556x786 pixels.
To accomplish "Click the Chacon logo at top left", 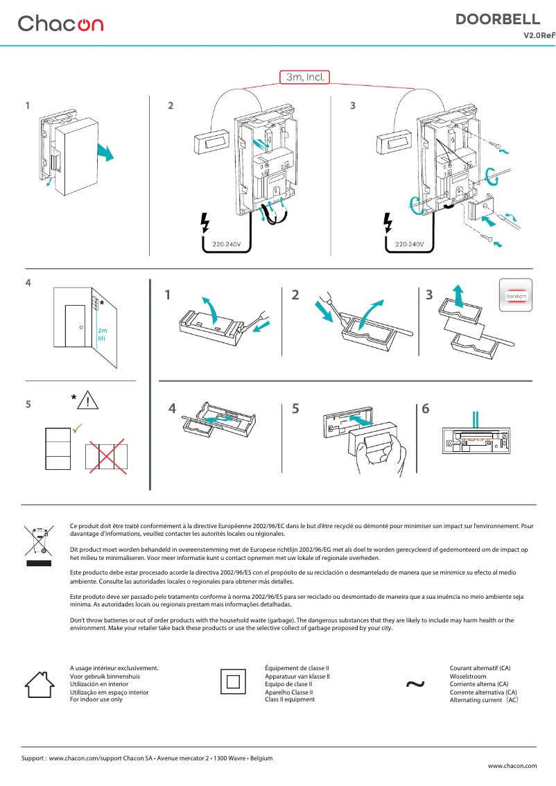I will (x=60, y=24).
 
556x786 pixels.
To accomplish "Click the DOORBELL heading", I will (x=498, y=19).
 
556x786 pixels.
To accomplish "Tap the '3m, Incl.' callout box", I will (x=304, y=77).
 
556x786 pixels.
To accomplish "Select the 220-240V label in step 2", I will (x=227, y=245).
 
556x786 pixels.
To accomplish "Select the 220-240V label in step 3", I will (x=410, y=245).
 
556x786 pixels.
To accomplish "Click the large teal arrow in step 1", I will (x=105, y=150).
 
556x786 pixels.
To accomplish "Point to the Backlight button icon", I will (x=516, y=296).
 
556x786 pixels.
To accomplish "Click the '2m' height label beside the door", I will (x=102, y=331).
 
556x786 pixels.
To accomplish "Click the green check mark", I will (x=78, y=429).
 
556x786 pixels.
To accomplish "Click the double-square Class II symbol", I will (x=232, y=682).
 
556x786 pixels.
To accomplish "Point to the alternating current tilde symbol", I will (x=415, y=684).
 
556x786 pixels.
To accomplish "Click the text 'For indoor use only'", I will (x=96, y=699).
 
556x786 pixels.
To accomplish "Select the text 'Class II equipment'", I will (x=290, y=699).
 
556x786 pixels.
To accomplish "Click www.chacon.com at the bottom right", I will (x=512, y=766).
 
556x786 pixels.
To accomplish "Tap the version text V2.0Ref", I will (x=539, y=35).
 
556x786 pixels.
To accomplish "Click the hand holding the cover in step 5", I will (x=378, y=458).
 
